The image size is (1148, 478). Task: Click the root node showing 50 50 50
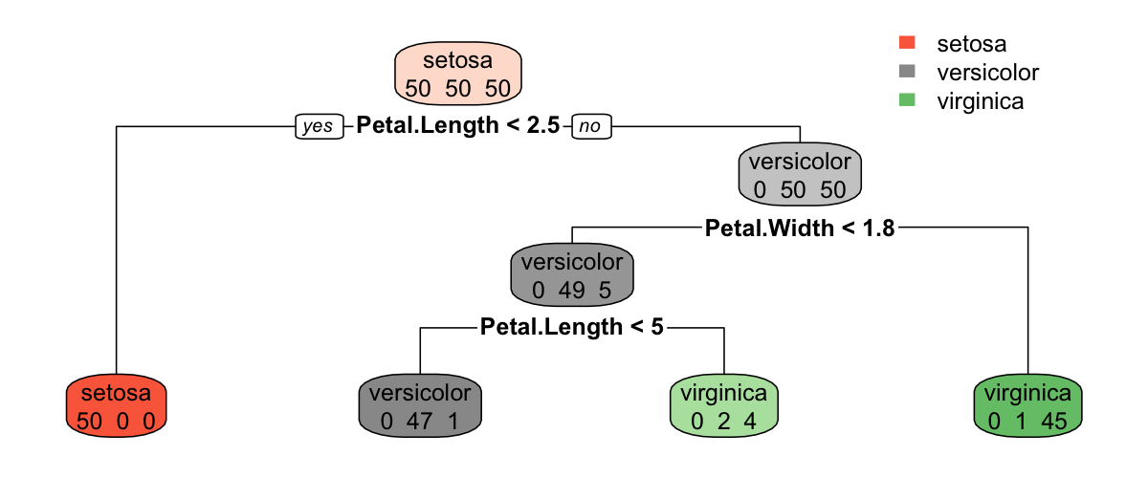click(x=458, y=75)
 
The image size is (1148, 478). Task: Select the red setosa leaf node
click(x=116, y=406)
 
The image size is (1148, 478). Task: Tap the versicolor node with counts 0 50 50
click(x=800, y=175)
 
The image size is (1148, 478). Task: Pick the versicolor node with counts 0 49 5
click(x=572, y=275)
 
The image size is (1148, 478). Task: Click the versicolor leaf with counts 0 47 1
click(x=420, y=406)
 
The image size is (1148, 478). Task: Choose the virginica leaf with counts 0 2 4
click(x=723, y=406)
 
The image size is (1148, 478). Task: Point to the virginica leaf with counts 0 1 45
click(x=1027, y=406)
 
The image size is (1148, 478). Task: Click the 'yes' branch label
click(x=318, y=126)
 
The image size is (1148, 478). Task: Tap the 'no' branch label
click(x=591, y=126)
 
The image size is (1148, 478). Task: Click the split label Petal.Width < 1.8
click(x=800, y=228)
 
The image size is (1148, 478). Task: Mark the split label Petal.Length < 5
click(x=571, y=328)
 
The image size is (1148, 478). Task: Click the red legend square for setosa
click(x=908, y=42)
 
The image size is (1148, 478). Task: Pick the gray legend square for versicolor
click(x=908, y=71)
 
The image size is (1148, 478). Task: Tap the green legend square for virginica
click(x=908, y=99)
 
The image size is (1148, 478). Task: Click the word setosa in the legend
click(x=971, y=43)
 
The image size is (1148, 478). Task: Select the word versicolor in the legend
click(x=987, y=72)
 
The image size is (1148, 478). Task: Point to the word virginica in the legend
click(x=980, y=100)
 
